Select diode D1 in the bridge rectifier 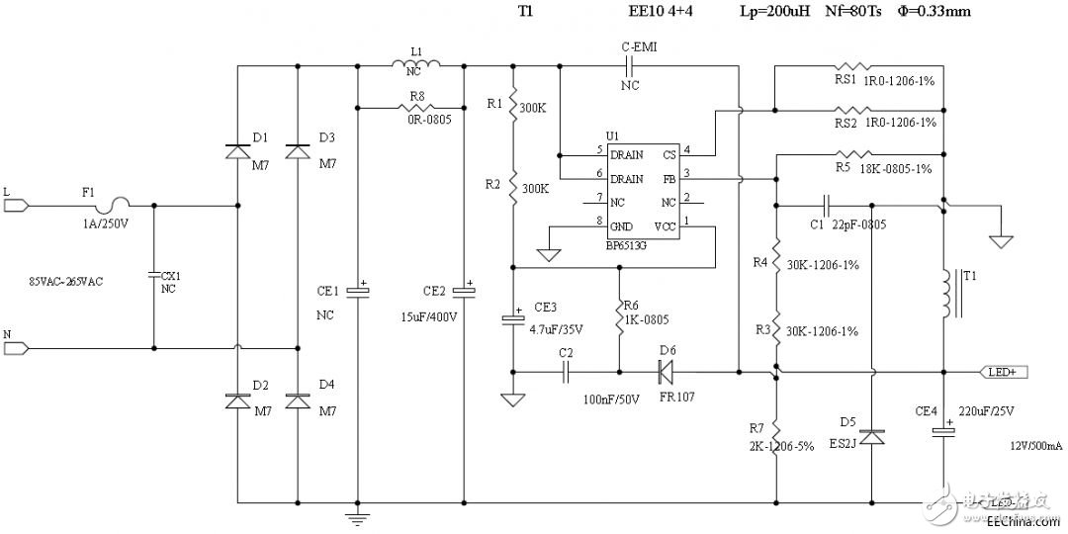click(237, 151)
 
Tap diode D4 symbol click(298, 401)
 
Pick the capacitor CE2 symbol click(464, 291)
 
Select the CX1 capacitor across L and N click(155, 275)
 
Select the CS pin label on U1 click(669, 155)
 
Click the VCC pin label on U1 click(667, 225)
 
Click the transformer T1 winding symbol click(953, 293)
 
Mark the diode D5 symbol click(871, 436)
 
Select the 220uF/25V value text click(988, 409)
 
